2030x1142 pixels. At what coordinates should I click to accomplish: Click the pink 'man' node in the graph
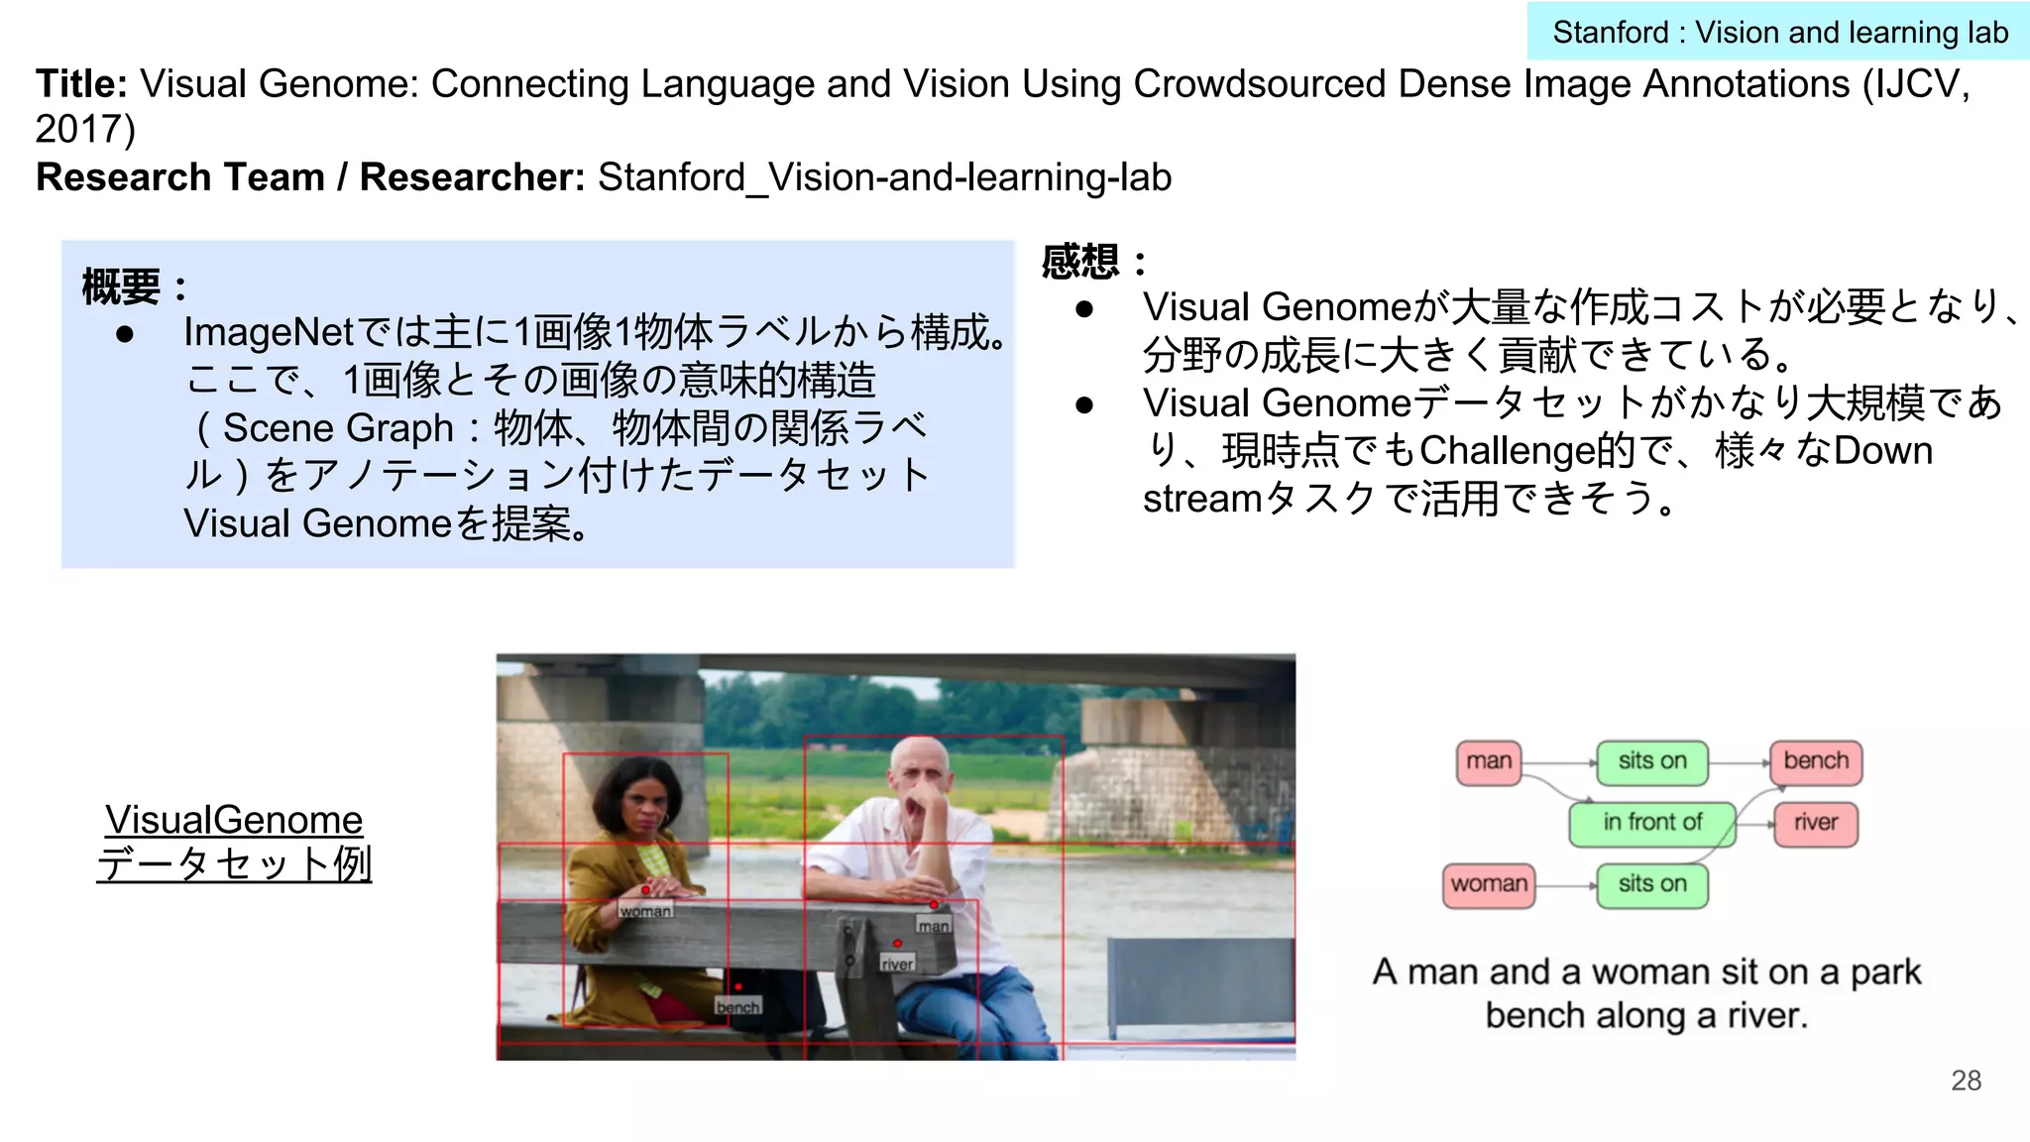coord(1488,762)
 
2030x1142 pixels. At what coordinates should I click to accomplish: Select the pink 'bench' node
coord(1815,762)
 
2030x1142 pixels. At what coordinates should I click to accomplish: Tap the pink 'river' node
coord(1815,824)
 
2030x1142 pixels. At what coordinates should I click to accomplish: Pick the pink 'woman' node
coord(1488,885)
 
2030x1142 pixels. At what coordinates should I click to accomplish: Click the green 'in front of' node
coord(1651,824)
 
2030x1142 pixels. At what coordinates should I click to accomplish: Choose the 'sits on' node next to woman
coord(1651,885)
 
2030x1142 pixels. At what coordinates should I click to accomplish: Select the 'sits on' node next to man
coord(1651,762)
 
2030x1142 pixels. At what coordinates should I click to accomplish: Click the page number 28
coord(1966,1081)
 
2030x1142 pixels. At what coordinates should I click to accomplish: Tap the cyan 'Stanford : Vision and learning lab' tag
coord(1779,33)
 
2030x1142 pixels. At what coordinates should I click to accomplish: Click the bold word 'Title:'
coord(81,84)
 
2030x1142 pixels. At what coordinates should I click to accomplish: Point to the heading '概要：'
coord(134,287)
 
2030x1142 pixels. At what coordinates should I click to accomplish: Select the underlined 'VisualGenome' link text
coord(234,820)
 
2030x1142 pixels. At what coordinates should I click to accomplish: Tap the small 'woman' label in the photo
coord(645,910)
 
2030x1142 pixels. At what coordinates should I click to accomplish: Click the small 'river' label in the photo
coord(897,963)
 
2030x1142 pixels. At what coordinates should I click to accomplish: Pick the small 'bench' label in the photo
coord(738,1006)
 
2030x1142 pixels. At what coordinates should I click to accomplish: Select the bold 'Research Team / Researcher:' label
coord(310,177)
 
